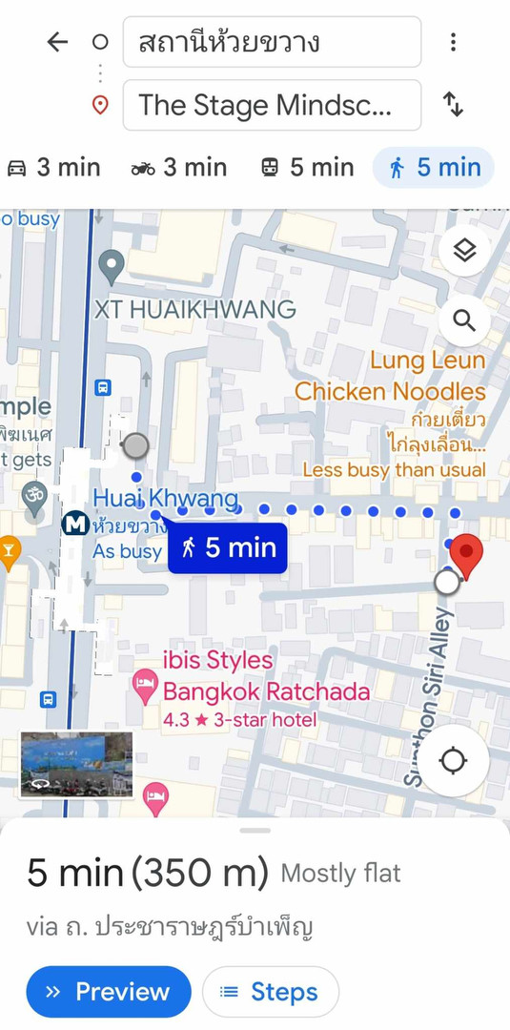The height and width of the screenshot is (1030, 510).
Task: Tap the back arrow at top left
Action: click(x=57, y=42)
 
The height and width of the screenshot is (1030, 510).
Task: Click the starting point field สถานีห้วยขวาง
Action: click(x=272, y=43)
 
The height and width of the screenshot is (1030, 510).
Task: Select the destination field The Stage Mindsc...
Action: click(x=272, y=105)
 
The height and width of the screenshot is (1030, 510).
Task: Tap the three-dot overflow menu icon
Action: click(x=453, y=42)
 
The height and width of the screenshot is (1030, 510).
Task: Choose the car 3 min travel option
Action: click(x=53, y=168)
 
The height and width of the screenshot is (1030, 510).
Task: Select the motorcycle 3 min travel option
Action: click(x=179, y=168)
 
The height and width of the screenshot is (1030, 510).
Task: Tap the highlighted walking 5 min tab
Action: click(x=434, y=168)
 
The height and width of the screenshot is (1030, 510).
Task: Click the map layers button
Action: click(x=464, y=251)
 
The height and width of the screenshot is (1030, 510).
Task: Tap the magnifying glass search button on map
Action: click(x=464, y=319)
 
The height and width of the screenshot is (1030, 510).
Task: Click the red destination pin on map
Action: click(x=465, y=554)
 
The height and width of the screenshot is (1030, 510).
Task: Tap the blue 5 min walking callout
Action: click(x=228, y=547)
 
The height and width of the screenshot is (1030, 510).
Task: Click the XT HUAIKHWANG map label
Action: click(x=194, y=310)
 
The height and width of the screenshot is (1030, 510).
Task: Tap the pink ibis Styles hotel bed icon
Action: click(x=145, y=682)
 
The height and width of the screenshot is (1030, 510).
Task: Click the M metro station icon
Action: click(x=74, y=524)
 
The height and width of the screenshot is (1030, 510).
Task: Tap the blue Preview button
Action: click(x=109, y=992)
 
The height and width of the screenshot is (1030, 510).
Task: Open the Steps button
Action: click(x=270, y=992)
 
